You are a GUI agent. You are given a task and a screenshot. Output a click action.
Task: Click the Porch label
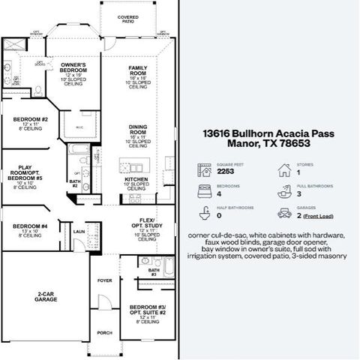[x=104, y=332]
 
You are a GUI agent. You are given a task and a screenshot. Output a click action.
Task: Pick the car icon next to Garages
[x=283, y=214]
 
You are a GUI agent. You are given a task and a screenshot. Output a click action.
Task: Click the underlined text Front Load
[x=318, y=217]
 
